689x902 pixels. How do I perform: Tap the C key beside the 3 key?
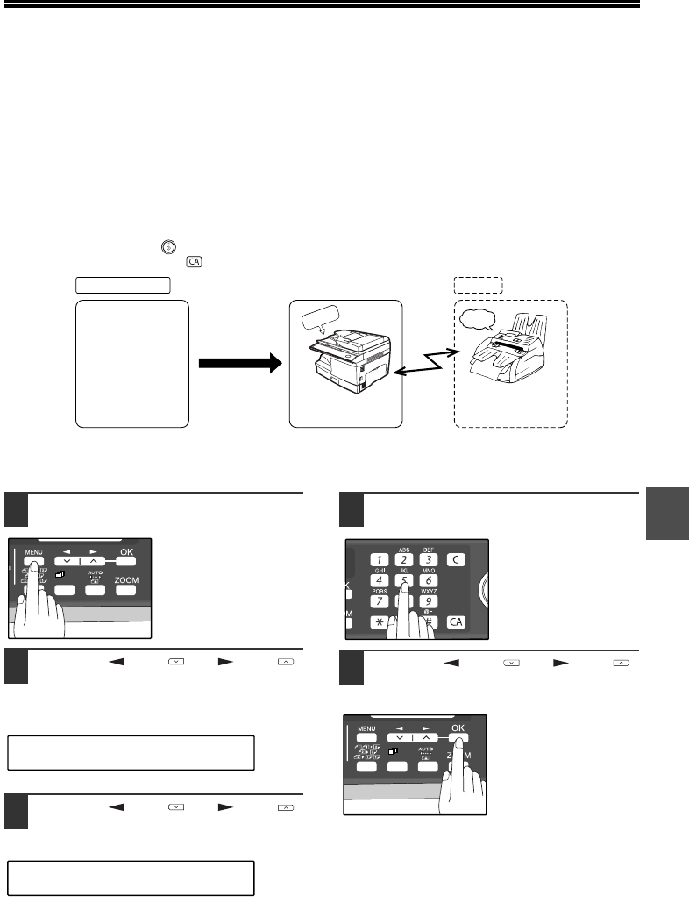point(457,558)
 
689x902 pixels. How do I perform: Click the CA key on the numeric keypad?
point(457,621)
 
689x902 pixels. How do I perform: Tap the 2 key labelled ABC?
point(403,558)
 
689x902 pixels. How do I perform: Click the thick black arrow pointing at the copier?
point(239,362)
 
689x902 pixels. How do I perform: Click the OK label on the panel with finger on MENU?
point(129,551)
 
